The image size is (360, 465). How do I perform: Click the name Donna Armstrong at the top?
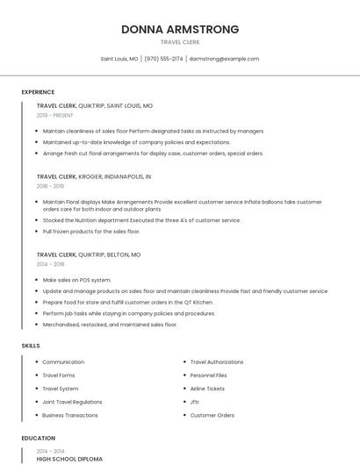pos(180,30)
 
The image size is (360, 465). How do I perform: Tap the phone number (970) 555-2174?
pos(163,59)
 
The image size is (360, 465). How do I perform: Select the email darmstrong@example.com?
pos(224,59)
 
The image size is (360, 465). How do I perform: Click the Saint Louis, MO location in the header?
pos(119,59)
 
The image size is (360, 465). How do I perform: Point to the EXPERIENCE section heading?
pos(38,92)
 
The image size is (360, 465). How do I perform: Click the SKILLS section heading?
pos(31,346)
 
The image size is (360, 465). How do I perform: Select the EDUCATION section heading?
pos(38,438)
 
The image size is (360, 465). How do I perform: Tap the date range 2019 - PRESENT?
pos(54,115)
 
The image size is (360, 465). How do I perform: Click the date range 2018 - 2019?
pos(50,186)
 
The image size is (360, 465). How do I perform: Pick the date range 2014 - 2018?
pos(50,263)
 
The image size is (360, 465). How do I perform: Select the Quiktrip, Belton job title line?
pos(89,254)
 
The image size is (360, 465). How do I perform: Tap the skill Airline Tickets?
pos(207,389)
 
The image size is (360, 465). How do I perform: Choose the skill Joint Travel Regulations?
pos(72,402)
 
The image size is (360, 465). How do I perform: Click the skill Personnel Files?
pos(208,376)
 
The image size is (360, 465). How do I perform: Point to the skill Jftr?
pos(195,402)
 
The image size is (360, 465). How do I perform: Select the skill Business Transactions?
pos(70,415)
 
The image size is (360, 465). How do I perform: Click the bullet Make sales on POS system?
pos(76,280)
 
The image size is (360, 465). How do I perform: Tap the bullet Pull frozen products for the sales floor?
pos(91,232)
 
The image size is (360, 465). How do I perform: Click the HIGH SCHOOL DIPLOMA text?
pos(69,459)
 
